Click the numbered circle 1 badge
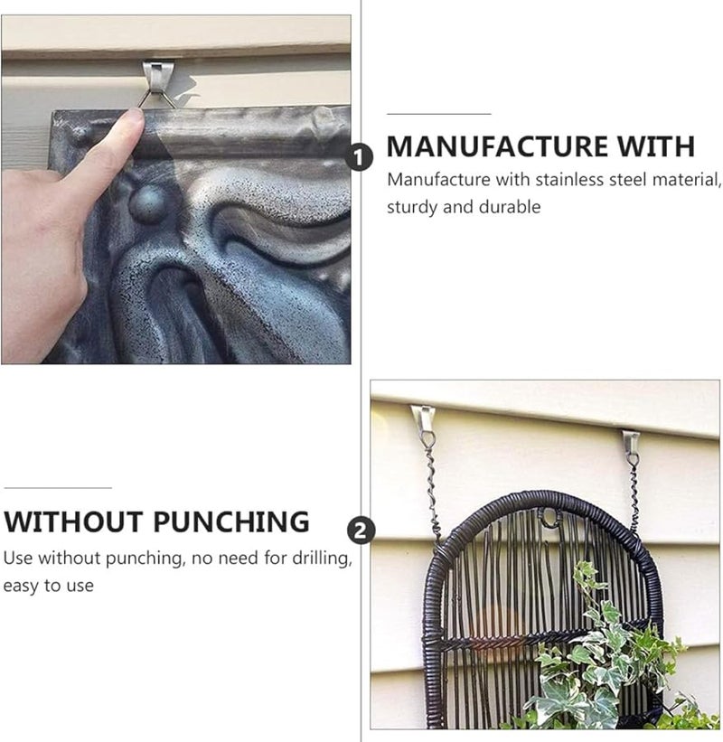[x=361, y=159]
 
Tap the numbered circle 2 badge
[x=361, y=531]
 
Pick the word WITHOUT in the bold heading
[x=75, y=521]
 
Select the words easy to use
[x=48, y=586]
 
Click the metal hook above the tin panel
[x=156, y=76]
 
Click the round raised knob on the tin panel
[x=147, y=204]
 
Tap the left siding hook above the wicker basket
[x=422, y=418]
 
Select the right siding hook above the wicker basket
[x=631, y=442]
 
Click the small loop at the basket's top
[x=547, y=518]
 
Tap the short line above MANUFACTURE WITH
[x=438, y=114]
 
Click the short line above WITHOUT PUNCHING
[x=57, y=488]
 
